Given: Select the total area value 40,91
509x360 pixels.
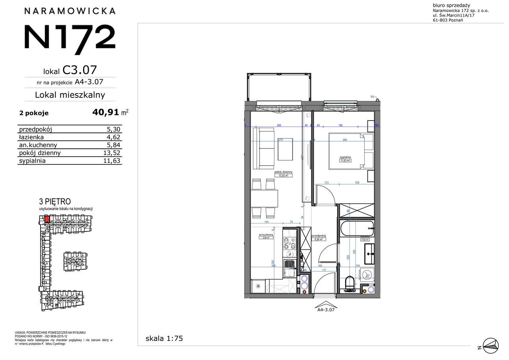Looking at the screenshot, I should click(x=106, y=113).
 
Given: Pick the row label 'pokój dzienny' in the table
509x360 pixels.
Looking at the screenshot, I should click(x=40, y=153).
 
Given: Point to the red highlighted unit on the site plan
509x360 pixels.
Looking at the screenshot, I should click(x=47, y=219).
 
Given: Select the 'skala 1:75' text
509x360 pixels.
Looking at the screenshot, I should click(x=164, y=339).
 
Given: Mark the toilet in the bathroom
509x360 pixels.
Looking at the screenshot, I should click(x=350, y=283).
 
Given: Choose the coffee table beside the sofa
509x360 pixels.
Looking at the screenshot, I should click(x=286, y=149).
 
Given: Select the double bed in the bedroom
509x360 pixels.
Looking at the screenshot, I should click(x=350, y=152).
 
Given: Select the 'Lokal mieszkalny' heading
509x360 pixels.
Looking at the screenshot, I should click(x=70, y=95).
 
